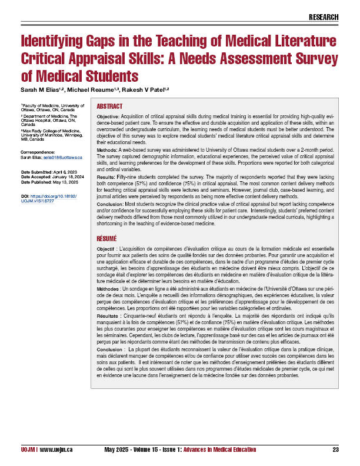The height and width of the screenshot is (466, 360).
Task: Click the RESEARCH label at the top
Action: pyautogui.click(x=324, y=17)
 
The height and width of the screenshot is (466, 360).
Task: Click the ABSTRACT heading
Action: pyautogui.click(x=109, y=106)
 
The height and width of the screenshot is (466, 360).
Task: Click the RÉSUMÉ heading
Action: pyautogui.click(x=106, y=239)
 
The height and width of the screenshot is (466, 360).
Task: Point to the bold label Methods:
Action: pyautogui.click(x=108, y=150)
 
